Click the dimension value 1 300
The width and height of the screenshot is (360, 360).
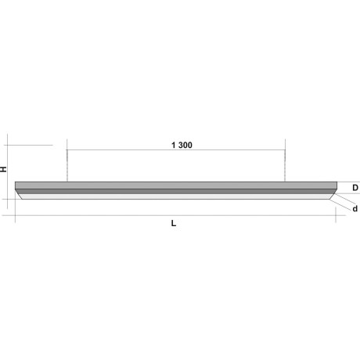(x=182, y=145)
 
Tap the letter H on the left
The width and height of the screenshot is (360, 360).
(x=3, y=169)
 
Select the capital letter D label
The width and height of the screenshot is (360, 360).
(x=355, y=188)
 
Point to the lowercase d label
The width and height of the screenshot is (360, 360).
(x=355, y=209)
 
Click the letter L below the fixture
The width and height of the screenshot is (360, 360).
(x=174, y=223)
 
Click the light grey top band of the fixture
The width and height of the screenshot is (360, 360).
(x=176, y=185)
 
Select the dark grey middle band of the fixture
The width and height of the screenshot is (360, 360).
(x=176, y=192)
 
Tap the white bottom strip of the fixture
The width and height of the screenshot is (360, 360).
(x=176, y=196)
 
